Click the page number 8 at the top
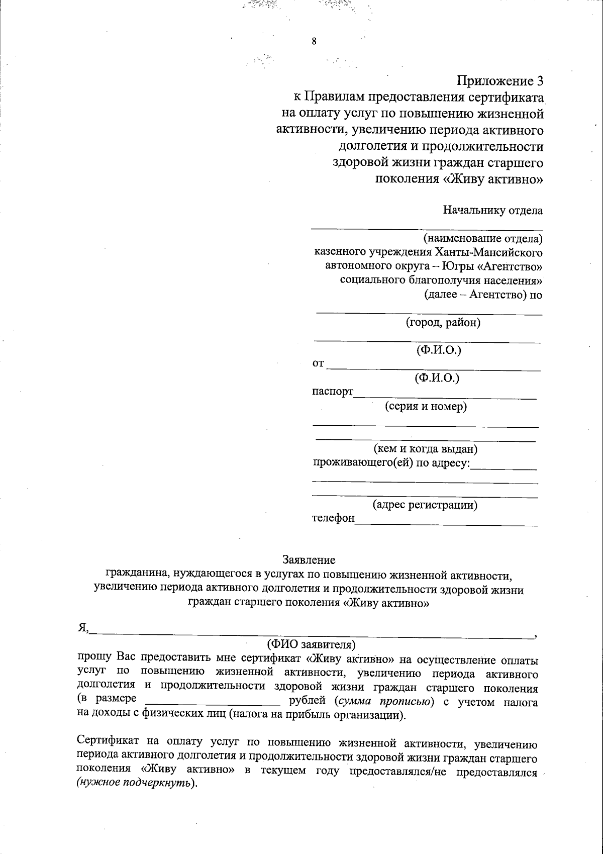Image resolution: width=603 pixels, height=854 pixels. coord(314,42)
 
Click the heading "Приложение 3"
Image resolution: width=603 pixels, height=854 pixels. coord(499,81)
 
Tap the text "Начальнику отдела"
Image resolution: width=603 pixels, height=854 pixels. coord(492,210)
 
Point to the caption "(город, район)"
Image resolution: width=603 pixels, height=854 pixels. coord(443,322)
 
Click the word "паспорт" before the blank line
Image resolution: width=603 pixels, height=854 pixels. coord(333,392)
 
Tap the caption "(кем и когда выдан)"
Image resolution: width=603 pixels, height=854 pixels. coord(425,448)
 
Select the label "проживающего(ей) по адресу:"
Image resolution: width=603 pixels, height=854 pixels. coord(391,462)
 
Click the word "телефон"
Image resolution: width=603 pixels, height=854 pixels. coord(333,518)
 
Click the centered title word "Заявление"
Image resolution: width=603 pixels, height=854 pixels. coord(309,559)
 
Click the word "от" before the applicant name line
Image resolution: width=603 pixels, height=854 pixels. coord(318,363)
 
